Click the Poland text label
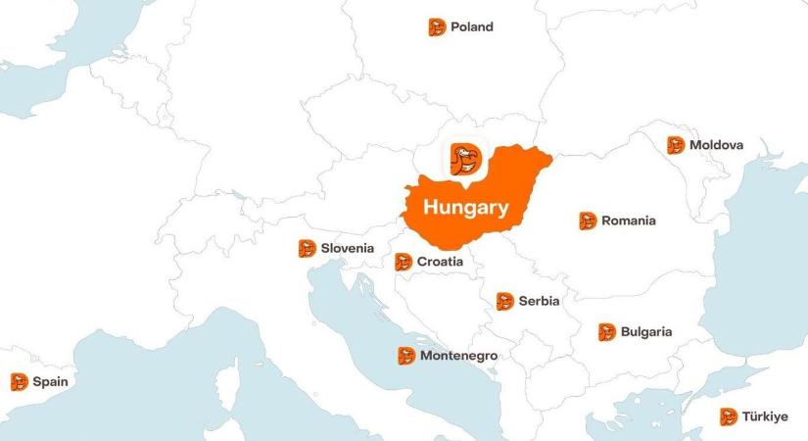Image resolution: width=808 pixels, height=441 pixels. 471,27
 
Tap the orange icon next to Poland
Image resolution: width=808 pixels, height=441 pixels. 437,27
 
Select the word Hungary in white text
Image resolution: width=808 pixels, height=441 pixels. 465,208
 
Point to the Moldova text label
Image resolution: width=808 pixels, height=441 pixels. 716,145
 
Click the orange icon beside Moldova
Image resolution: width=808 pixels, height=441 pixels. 676,145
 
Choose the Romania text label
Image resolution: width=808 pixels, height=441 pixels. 628,220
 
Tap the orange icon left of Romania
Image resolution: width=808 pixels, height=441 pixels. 588,220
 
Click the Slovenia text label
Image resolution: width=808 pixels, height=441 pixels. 347,248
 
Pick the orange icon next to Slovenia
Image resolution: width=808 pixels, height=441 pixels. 307,248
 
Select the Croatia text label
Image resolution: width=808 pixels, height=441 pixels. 440,262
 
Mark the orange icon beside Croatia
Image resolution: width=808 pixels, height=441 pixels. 403,262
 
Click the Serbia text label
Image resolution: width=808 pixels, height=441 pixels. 539,301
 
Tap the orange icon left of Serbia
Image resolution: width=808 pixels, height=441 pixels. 504,301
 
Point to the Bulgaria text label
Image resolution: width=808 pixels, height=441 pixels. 645,332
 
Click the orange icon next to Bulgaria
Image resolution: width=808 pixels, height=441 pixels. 606,332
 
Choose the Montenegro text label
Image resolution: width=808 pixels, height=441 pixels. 458,356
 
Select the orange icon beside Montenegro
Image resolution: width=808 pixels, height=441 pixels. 405,356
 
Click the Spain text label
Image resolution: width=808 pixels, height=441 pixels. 50,381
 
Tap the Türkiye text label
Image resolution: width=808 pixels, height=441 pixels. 764,416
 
